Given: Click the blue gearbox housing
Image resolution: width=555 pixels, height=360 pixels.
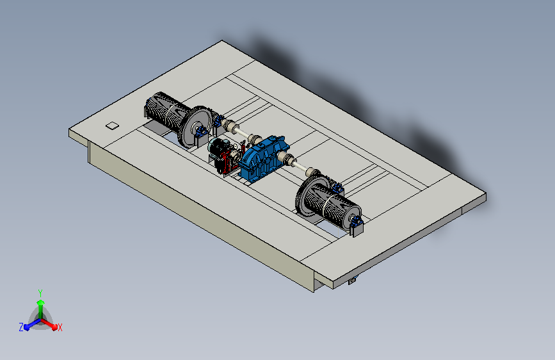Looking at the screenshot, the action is [x=263, y=158].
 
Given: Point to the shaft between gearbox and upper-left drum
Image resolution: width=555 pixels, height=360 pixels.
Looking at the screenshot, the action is [x=242, y=133].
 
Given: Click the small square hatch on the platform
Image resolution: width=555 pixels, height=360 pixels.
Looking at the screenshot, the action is [x=112, y=126].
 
